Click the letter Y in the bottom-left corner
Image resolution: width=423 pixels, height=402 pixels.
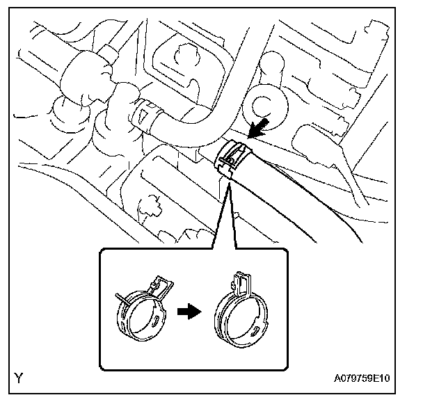tap(19, 379)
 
